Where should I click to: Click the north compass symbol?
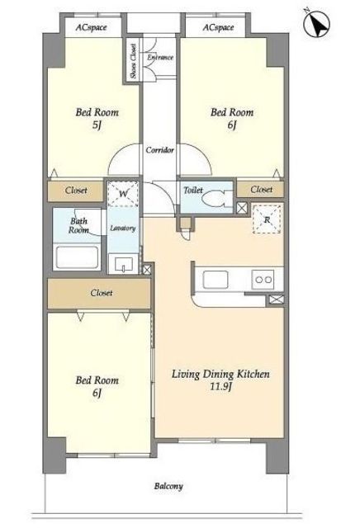coord(316,24)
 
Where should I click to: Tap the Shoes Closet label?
coord(134,61)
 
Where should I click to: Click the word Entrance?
coord(160,58)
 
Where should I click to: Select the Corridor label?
coord(160,150)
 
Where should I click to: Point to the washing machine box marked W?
coord(123,194)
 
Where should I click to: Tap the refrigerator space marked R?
coord(267,219)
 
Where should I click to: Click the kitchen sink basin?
coord(215,280)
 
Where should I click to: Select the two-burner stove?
coord(263,280)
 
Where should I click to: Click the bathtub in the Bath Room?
coord(77,257)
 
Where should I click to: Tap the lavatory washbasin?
coord(123,264)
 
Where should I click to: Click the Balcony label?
coord(168,486)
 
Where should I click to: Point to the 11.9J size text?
coord(220,386)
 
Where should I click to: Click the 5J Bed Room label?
coord(97,118)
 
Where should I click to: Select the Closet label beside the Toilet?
coord(261,189)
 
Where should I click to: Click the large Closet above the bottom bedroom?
coord(99,294)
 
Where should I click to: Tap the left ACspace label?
coord(91,27)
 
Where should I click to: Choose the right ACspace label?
coord(218,27)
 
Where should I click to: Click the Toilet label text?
coord(193,191)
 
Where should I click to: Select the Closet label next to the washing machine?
coord(76,191)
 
